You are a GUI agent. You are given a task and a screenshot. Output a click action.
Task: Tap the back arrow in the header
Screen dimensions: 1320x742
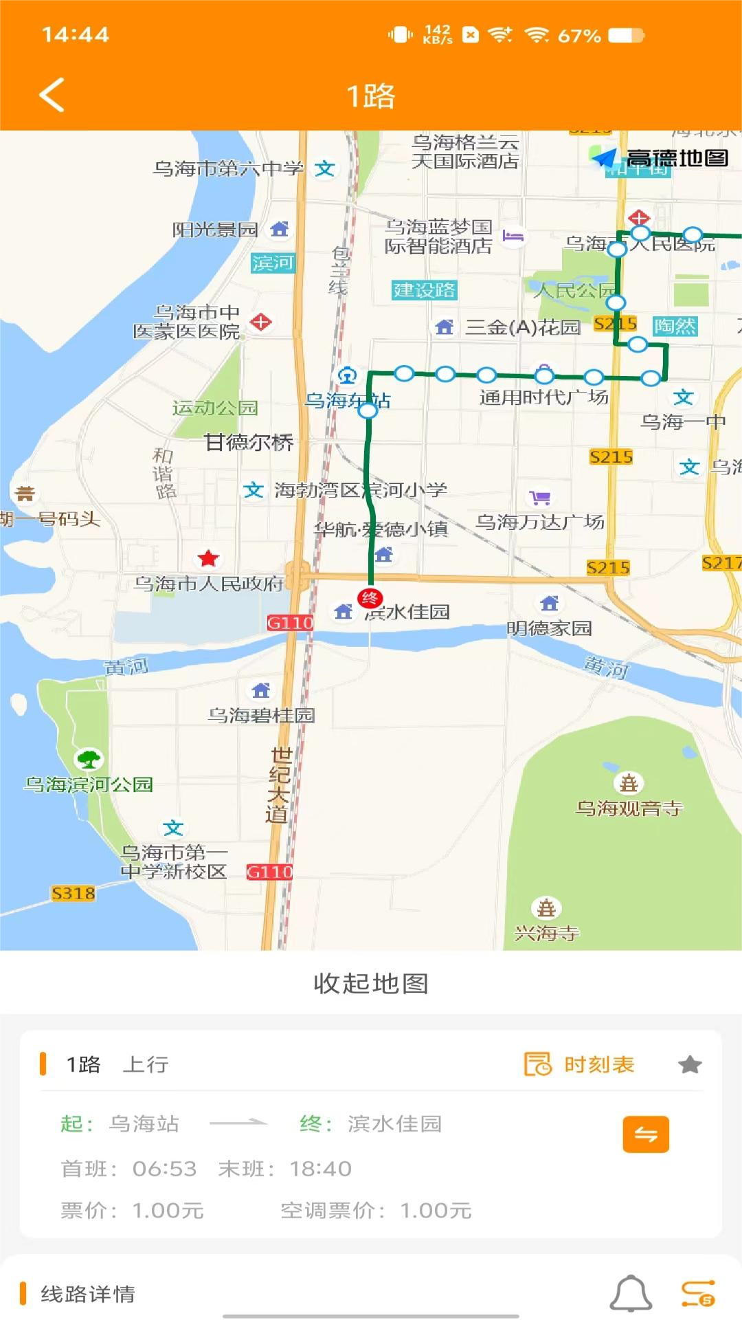[52, 95]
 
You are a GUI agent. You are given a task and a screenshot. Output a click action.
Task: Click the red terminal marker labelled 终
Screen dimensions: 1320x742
[370, 598]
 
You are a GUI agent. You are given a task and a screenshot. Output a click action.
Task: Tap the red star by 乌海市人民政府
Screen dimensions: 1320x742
[208, 558]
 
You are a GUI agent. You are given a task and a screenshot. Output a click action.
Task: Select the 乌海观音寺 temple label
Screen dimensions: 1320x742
[629, 808]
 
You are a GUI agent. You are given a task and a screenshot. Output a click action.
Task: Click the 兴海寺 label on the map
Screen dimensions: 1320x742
[547, 933]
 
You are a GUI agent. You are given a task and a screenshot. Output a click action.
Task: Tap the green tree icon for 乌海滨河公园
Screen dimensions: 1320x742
[89, 759]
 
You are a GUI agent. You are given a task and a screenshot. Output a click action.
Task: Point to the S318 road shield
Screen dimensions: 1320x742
[74, 893]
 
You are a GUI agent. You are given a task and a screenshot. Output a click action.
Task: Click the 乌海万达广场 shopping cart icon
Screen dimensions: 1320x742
[541, 497]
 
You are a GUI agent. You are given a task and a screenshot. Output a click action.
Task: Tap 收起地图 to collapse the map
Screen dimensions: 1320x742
[371, 983]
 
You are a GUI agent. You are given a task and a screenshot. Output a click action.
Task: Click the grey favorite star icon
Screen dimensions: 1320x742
[690, 1065]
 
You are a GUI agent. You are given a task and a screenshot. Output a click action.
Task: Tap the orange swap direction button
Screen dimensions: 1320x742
[646, 1134]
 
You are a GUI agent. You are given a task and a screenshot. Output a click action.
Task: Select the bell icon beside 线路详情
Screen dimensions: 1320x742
[631, 1294]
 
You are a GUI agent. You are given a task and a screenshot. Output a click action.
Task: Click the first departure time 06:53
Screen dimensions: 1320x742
[164, 1169]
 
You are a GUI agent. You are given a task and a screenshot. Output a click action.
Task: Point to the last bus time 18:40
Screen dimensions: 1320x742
[320, 1169]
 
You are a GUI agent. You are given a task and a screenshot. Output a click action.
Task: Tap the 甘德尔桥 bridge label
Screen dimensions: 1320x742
[249, 442]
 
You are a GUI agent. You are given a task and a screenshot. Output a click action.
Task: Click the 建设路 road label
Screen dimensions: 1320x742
[424, 290]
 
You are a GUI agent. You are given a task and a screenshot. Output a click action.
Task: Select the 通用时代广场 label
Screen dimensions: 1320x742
[543, 397]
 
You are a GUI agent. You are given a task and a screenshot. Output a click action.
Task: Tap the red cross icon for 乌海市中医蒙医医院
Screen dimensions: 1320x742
[261, 322]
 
